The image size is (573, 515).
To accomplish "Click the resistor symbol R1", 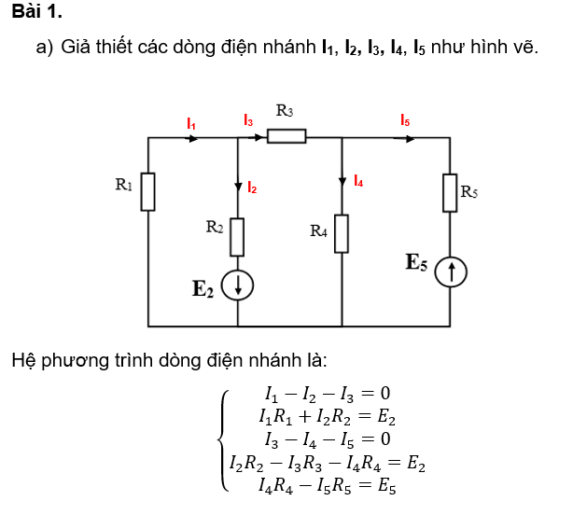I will (x=148, y=191).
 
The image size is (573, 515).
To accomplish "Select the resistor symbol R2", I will (x=237, y=236).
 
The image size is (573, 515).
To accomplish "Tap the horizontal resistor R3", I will (x=286, y=137).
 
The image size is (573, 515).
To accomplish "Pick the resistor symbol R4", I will (x=342, y=233).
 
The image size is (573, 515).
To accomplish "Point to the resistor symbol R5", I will (x=451, y=192).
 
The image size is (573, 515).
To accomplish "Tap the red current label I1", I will (x=191, y=123).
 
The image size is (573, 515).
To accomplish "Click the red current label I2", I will (x=252, y=188).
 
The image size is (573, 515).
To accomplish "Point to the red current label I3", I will (x=247, y=120).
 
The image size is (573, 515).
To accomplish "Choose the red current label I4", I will (x=358, y=182).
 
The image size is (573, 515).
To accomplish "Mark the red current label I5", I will (x=404, y=120).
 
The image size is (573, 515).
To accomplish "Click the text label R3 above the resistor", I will (x=286, y=111).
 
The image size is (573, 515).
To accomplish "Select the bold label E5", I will (x=416, y=262).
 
